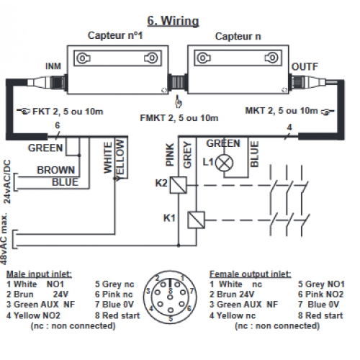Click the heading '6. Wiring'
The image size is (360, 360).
coord(173,21)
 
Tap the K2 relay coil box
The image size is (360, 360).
coord(179,185)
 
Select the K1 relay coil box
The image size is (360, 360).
coord(196,220)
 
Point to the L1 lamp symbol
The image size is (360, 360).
coord(224,163)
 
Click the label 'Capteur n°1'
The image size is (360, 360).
coord(115,35)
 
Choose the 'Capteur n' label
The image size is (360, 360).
coord(238,36)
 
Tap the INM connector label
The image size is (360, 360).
coord(53,66)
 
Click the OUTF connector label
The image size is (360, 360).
coord(305,67)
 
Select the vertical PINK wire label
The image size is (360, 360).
coord(170,155)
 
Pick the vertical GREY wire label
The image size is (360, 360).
coord(187,155)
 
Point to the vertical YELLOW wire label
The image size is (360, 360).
coord(120,161)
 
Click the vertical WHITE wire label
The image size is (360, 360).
coord(108,158)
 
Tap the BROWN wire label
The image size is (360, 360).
coord(56,170)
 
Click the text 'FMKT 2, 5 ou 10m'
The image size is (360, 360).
coord(179,118)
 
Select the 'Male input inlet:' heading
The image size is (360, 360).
coord(39,274)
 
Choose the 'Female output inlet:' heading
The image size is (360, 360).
coord(251,274)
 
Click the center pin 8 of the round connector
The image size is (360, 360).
coord(170,297)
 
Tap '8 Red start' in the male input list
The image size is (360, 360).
coord(117,315)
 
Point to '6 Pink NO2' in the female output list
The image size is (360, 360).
coord(320,294)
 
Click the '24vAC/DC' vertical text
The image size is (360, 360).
coord(7,181)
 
